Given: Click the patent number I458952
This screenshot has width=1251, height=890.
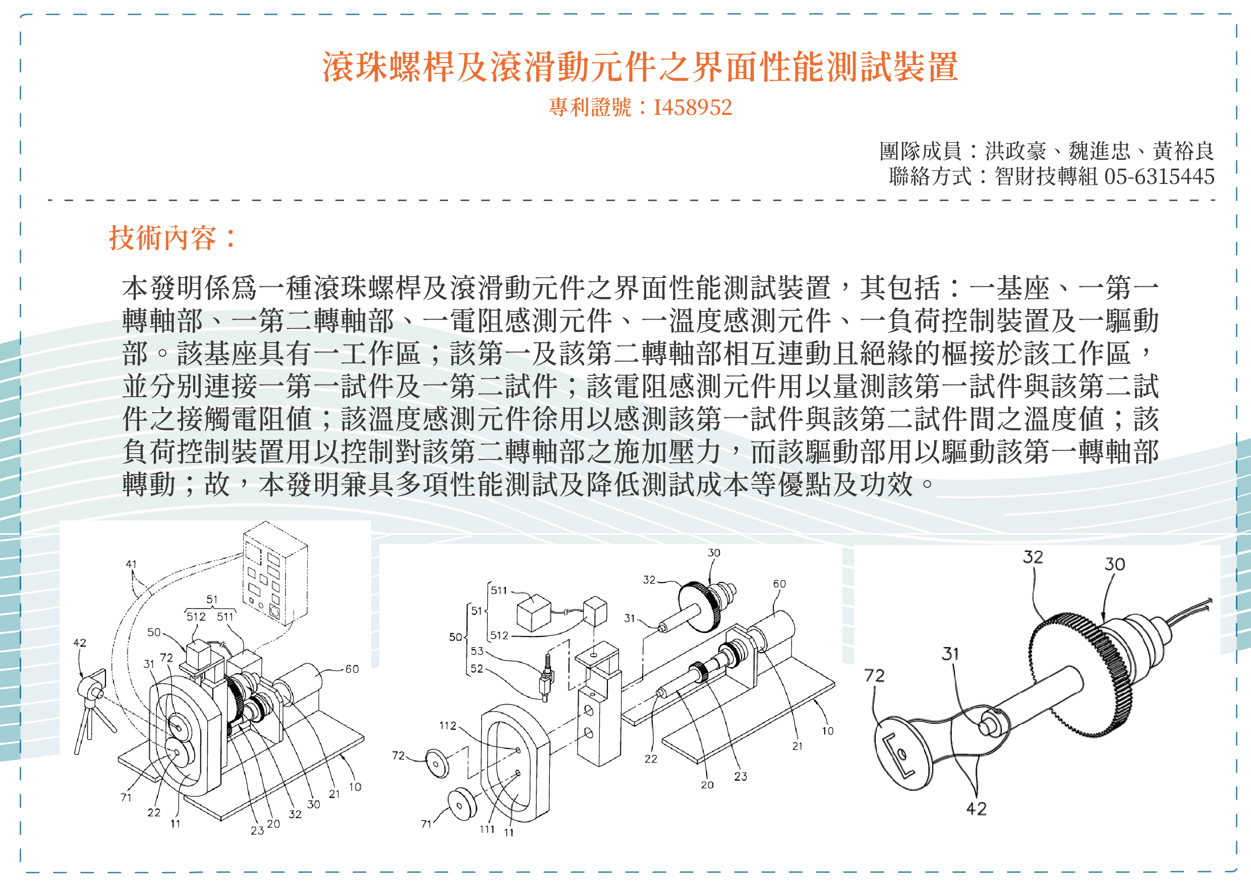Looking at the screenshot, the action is tap(692, 107).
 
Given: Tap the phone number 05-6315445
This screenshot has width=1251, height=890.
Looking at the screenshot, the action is tap(1159, 176).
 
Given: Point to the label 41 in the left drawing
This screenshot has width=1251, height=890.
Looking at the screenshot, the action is tap(131, 564).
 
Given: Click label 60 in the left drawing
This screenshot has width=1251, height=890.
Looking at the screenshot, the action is tap(352, 669).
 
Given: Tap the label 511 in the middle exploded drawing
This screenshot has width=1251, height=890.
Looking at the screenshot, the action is tap(498, 590).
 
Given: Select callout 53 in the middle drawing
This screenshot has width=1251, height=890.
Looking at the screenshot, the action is tap(477, 651).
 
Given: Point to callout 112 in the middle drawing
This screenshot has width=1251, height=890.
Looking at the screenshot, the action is tap(447, 726).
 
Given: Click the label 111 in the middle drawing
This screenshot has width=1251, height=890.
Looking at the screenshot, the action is tap(487, 829).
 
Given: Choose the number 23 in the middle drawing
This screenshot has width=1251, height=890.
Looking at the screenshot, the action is tap(741, 776).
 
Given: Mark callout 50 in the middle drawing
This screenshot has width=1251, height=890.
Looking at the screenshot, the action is tap(455, 637).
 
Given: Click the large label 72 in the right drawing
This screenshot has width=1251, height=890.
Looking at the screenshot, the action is tap(874, 675).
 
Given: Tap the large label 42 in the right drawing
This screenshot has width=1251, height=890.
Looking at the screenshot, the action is tap(976, 808).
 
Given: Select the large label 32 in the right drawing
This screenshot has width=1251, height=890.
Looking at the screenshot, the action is tap(1033, 557).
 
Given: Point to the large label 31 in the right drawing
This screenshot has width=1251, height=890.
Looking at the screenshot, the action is tap(950, 653).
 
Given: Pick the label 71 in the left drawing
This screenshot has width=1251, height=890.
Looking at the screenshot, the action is tap(126, 797).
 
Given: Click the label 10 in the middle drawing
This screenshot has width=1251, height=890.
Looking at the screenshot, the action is tap(828, 731).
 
